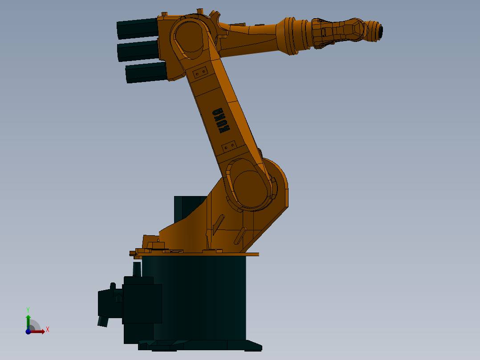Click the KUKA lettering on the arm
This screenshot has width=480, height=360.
[x=221, y=120]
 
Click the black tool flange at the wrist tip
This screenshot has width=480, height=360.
[x=380, y=31]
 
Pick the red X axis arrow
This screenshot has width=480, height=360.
[x=38, y=331]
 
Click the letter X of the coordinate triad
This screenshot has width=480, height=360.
[x=47, y=329]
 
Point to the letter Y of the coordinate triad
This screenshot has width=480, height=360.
[x=28, y=309]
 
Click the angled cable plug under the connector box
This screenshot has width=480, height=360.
[x=103, y=321]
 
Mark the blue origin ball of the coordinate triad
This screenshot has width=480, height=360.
[x=28, y=331]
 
